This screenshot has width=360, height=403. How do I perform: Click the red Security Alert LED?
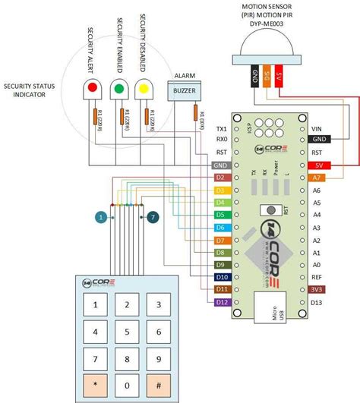[x=93, y=89]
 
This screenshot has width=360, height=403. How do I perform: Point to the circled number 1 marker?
[x=100, y=218]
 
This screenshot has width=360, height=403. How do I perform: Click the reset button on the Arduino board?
[x=267, y=210]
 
